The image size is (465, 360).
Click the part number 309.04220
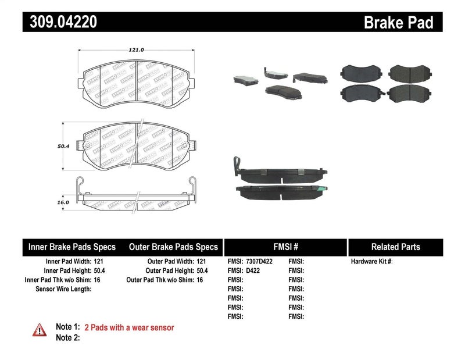click(60, 23)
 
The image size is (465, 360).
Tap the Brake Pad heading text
click(398, 23)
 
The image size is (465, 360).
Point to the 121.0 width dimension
click(136, 50)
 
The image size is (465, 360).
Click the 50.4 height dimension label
click(64, 147)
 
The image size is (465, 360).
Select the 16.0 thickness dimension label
click(64, 202)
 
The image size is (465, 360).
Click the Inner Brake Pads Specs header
click(72, 247)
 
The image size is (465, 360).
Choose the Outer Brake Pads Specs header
click(173, 247)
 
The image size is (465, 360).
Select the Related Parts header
click(395, 247)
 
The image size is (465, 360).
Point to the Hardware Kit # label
click(371, 262)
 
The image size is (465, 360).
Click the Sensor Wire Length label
click(63, 288)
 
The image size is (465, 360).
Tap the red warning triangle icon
click(39, 329)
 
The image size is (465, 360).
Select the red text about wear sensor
click(129, 327)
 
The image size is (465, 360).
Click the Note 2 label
click(67, 337)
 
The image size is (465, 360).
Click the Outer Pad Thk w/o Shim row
click(164, 280)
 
